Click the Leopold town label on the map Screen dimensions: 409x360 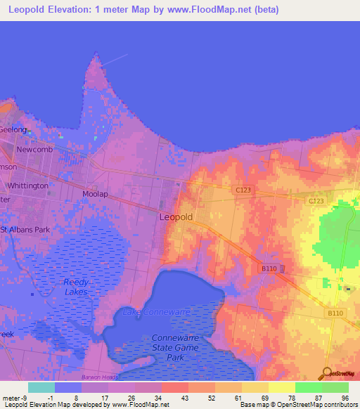176,217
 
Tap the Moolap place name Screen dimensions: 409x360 96,193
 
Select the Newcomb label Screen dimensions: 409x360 35,150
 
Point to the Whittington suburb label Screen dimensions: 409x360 27,185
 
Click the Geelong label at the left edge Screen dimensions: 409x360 13,130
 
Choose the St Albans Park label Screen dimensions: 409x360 25,230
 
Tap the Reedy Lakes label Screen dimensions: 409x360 75,286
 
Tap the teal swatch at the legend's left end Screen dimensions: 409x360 41,387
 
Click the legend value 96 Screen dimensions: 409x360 344,397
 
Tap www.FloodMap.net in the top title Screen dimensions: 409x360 214,9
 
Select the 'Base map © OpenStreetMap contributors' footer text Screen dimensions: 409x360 298,405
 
